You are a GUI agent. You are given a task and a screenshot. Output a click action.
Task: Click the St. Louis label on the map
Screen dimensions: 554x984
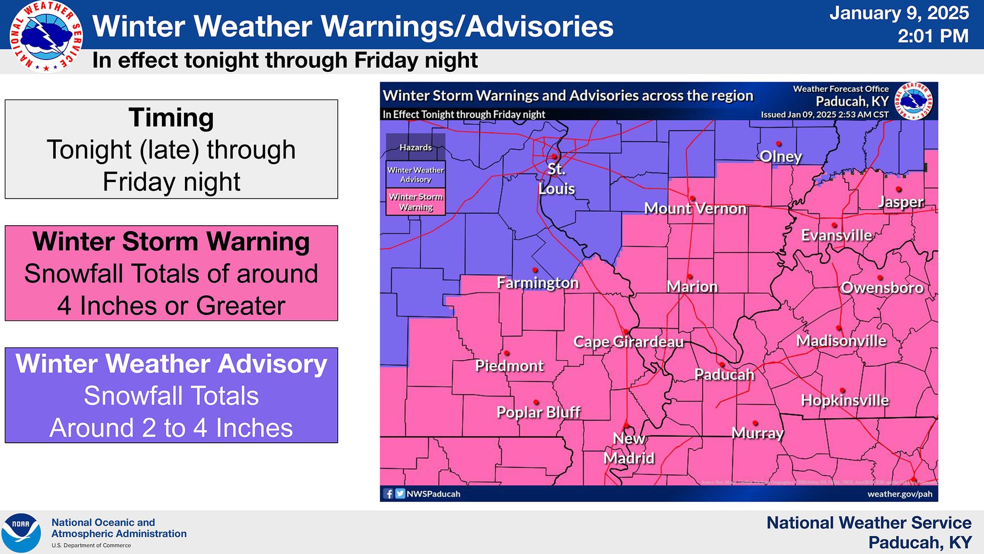click(557, 179)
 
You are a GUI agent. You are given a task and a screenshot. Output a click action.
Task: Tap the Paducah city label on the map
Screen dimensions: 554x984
click(724, 374)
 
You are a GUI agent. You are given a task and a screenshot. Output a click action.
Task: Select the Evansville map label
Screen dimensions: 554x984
click(836, 235)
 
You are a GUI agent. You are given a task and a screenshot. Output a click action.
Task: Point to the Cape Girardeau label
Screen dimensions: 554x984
click(628, 342)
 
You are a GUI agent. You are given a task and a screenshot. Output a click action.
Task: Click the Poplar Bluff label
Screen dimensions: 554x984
click(538, 412)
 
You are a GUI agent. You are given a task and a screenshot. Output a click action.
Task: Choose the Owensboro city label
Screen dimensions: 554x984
click(882, 288)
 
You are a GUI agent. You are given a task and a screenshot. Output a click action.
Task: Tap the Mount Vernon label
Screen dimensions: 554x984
click(695, 208)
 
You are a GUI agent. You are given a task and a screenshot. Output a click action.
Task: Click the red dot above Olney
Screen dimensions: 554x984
click(778, 144)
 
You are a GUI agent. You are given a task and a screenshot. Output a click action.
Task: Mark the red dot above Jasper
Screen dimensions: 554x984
click(899, 190)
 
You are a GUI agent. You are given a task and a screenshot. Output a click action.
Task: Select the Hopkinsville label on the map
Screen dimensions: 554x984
click(845, 400)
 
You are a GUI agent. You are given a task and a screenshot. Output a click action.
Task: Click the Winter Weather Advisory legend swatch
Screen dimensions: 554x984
click(416, 175)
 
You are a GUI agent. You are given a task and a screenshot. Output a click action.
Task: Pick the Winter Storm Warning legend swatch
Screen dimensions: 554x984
click(416, 202)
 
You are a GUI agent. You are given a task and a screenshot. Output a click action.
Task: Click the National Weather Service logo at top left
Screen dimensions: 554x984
click(46, 36)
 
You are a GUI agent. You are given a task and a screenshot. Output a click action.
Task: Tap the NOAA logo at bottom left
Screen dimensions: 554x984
click(20, 532)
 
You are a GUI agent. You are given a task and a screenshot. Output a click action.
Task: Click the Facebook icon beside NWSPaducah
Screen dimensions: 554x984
click(388, 494)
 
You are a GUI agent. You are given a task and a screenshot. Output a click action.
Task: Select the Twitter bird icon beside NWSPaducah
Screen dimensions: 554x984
click(400, 494)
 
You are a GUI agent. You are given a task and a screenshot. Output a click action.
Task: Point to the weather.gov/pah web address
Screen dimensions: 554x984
click(899, 494)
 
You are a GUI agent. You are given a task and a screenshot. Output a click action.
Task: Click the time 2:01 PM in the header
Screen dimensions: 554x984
click(933, 36)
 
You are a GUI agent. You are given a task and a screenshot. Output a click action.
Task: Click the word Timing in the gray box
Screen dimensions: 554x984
click(171, 117)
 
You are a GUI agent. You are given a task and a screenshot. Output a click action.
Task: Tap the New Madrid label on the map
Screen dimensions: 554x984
click(629, 448)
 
